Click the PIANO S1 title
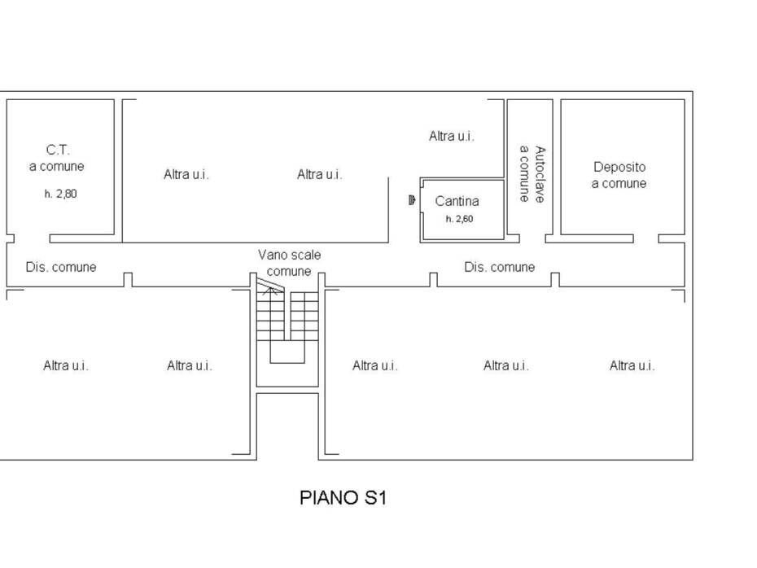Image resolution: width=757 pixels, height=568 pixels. pos(343,497)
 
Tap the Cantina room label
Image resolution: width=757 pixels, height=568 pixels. pos(457,201)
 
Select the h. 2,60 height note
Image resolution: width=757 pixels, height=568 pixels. pos(459,219)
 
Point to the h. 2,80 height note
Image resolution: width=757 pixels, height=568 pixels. pos(61,194)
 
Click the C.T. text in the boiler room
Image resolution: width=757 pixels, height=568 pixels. pos(58,150)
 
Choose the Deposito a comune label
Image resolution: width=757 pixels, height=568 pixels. pos(619,175)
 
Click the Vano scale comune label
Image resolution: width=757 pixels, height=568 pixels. pos(289,263)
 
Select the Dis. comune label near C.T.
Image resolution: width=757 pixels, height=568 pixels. pos(61,267)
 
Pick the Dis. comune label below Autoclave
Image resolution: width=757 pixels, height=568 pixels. pos(499,267)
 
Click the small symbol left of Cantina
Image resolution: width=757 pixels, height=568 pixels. pos(411,199)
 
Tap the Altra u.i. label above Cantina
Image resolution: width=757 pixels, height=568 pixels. pos(452,136)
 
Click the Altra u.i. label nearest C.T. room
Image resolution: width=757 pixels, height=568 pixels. pos(186,174)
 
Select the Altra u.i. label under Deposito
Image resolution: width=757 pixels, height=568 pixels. pos(632,365)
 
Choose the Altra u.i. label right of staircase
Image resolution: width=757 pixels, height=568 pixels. pos(374,365)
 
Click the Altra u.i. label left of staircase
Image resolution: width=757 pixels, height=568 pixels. pos(189,365)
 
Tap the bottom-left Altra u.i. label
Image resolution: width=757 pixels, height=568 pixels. pos(66,365)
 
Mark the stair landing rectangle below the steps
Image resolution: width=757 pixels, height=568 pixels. pos(287,363)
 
